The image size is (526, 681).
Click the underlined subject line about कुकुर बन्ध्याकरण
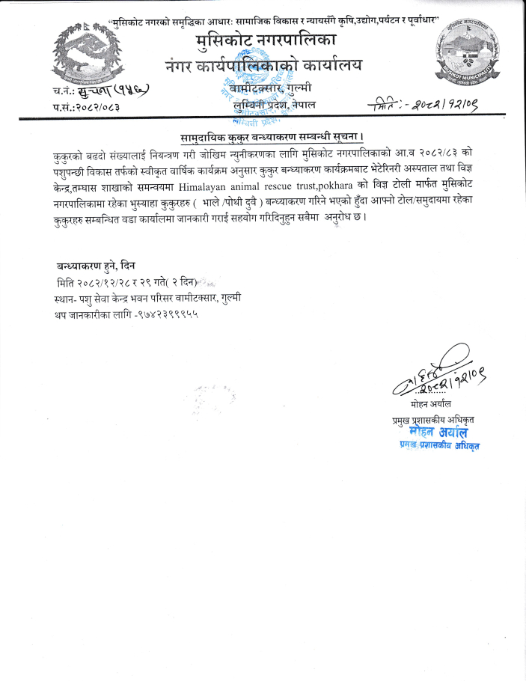click(x=272, y=138)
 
